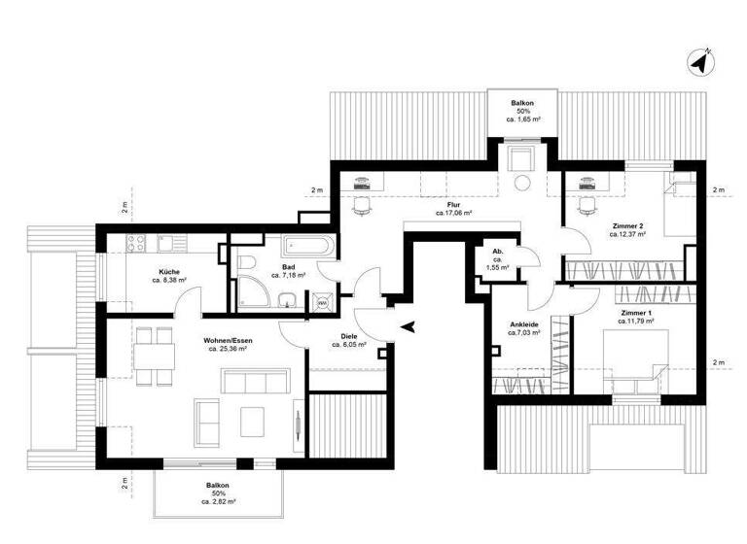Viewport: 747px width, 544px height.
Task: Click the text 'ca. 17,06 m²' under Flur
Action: click(x=454, y=213)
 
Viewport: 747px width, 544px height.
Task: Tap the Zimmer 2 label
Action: click(x=626, y=225)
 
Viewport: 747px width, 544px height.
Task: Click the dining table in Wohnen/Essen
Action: click(x=152, y=351)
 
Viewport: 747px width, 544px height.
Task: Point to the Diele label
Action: click(x=348, y=335)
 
